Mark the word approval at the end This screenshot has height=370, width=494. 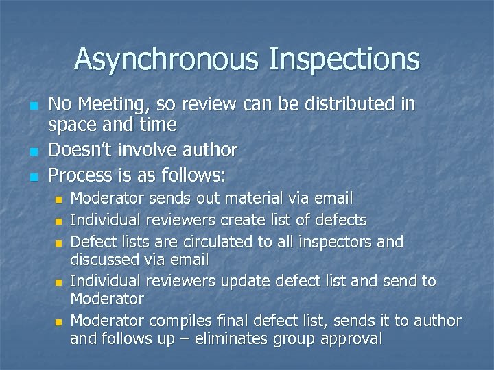(349, 338)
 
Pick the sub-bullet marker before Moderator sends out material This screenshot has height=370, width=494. (58, 200)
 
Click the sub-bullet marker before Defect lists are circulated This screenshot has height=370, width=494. (58, 243)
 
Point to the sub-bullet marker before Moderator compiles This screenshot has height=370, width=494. (58, 322)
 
